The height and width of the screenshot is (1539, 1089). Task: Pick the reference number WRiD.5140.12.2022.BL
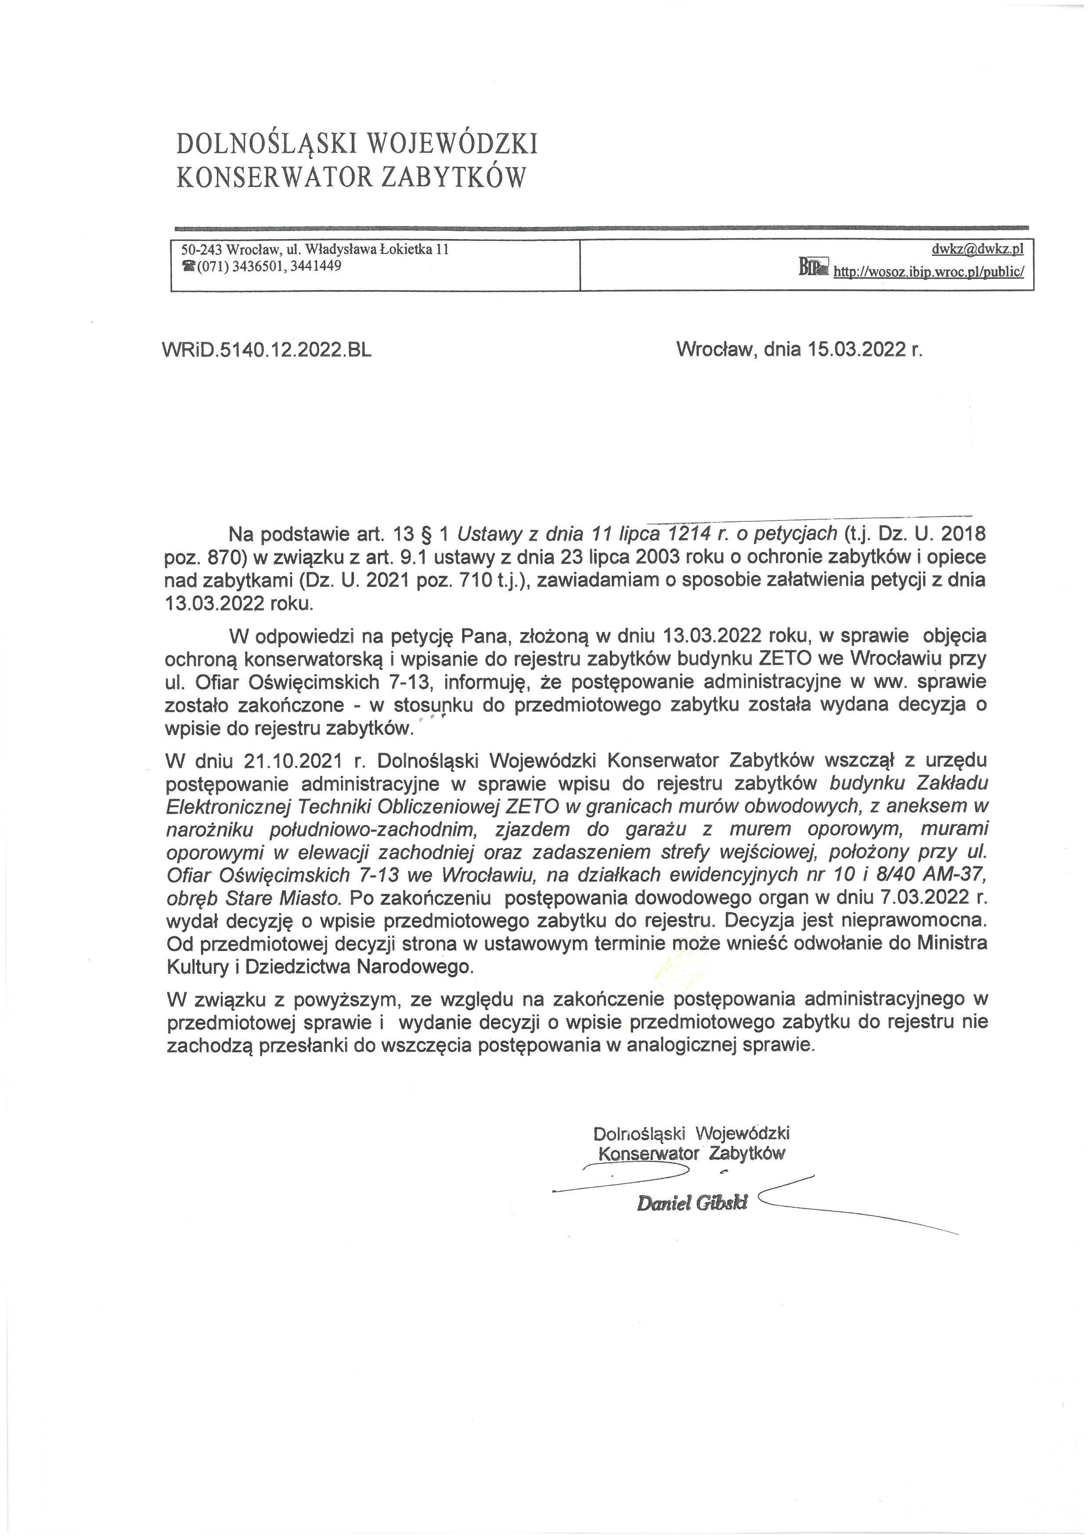[267, 349]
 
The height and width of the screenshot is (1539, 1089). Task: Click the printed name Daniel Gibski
[692, 1203]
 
